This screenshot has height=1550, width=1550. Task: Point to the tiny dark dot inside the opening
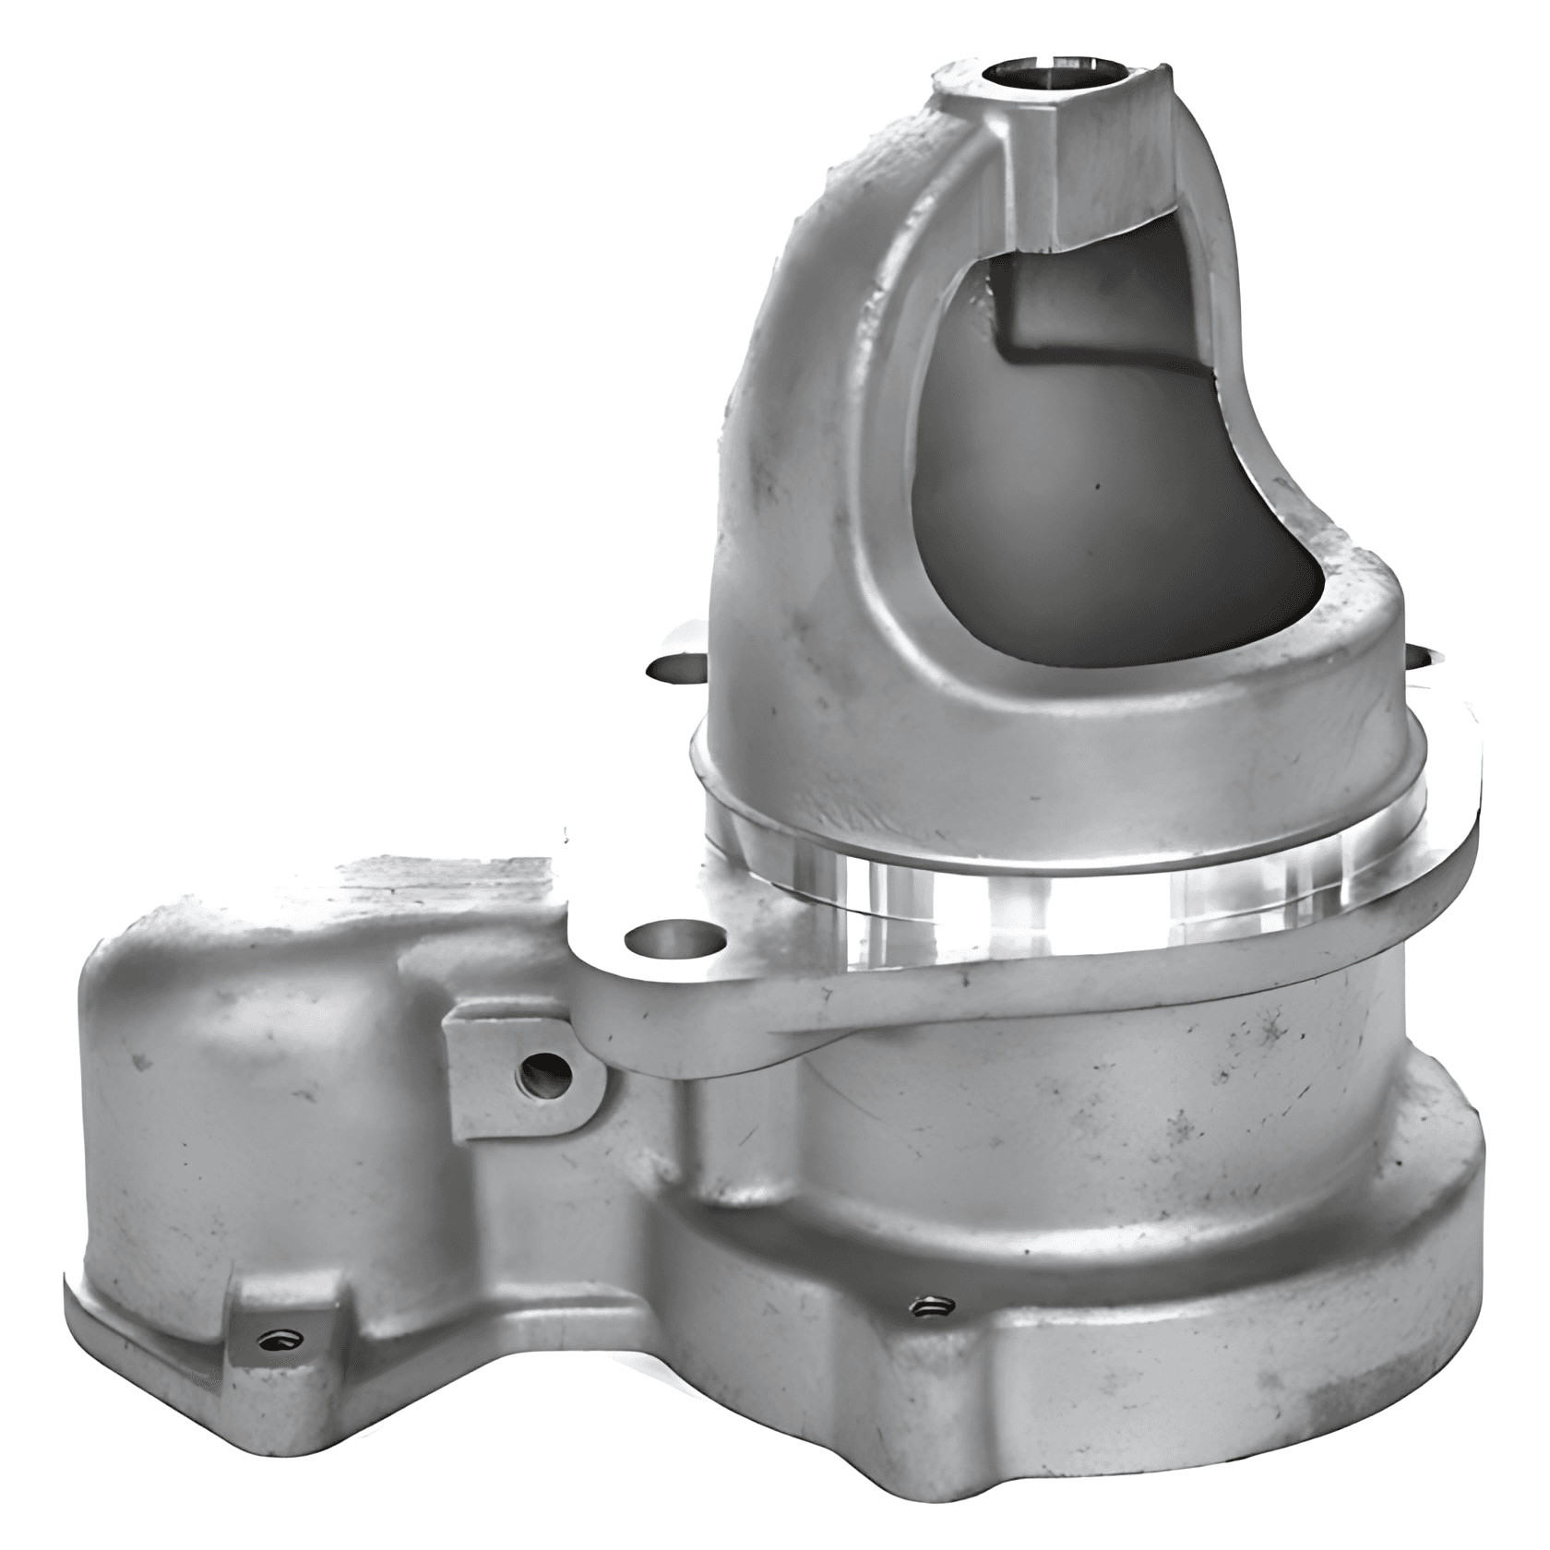(1098, 481)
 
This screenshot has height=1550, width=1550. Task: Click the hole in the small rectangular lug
(546, 1073)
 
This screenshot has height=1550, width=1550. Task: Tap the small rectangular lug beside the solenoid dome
(517, 1070)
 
